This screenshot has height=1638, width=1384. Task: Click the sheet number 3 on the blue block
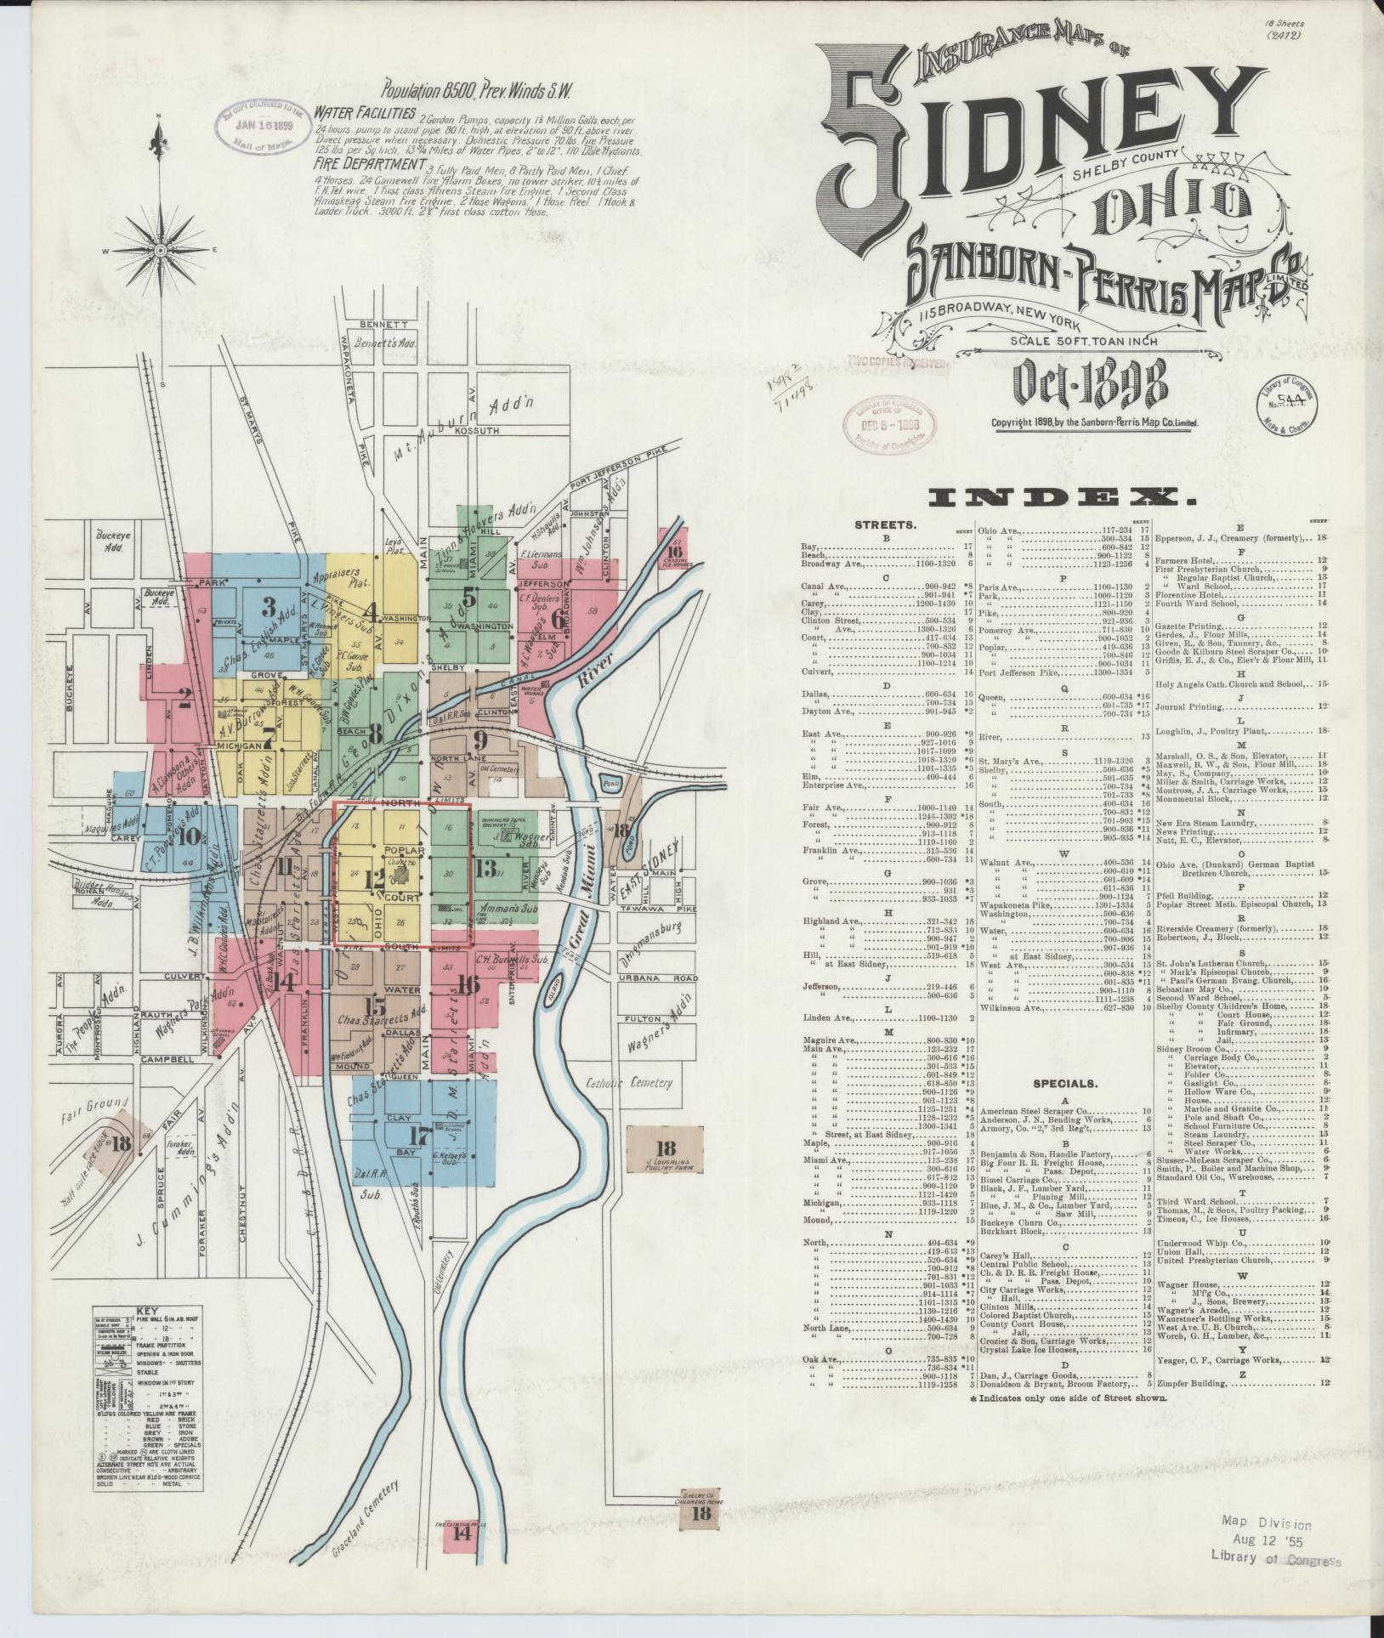tap(269, 607)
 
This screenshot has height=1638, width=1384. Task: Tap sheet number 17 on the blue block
tap(419, 1136)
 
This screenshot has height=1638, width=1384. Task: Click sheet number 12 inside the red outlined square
tap(375, 880)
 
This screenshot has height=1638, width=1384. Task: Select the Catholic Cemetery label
tap(629, 1084)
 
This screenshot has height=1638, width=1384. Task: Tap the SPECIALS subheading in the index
tap(1064, 1084)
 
